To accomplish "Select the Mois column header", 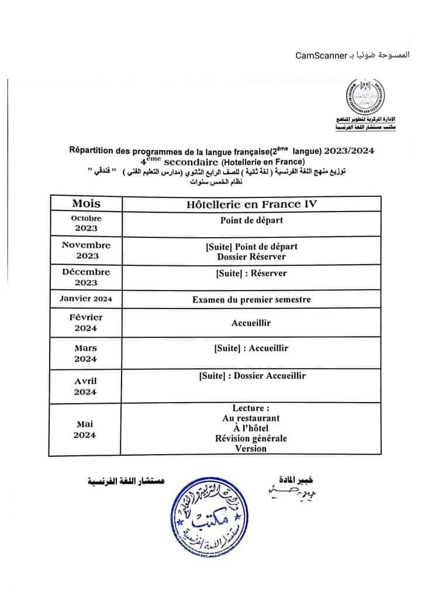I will click(x=86, y=203).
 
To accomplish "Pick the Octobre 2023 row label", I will click(x=86, y=223).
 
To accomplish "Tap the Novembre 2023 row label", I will click(x=86, y=250).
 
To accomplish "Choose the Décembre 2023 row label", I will click(x=86, y=277).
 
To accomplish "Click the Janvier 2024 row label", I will click(x=86, y=299).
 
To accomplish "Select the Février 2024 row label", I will click(x=86, y=323).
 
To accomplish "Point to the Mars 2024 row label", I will click(x=86, y=353).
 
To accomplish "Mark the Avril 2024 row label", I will click(x=86, y=386).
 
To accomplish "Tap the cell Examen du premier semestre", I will click(x=251, y=300).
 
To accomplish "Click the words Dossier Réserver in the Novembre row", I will click(x=251, y=256).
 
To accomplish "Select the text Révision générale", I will click(x=251, y=439).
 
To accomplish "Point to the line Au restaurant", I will click(x=251, y=418).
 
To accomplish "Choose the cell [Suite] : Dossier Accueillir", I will click(x=251, y=376).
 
